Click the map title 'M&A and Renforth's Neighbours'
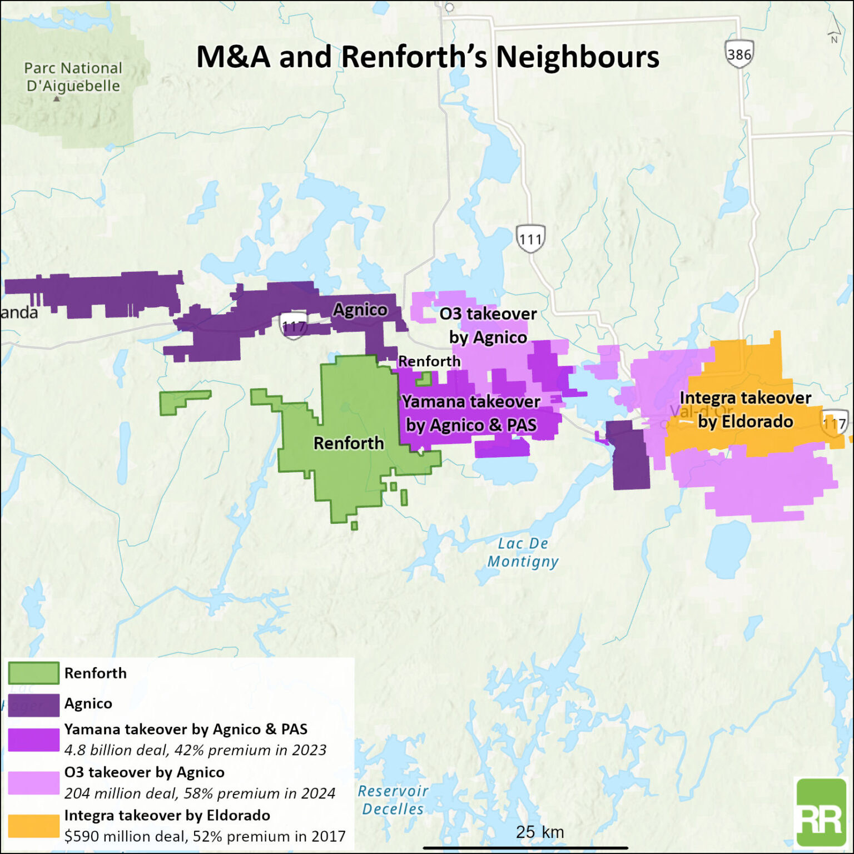point(428,57)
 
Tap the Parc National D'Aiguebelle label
point(73,77)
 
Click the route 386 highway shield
point(739,54)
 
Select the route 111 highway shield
point(530,239)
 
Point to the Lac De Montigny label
point(523,552)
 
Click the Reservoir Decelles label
point(393,800)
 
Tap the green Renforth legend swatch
point(33,673)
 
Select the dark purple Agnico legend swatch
point(33,704)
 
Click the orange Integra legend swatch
point(33,826)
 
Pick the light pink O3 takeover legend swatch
point(33,783)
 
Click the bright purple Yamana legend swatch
point(33,739)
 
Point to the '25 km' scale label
point(539,832)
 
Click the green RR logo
point(821,812)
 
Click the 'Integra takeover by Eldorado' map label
point(745,410)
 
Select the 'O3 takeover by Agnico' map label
point(488,325)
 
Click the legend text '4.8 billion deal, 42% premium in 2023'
point(195,750)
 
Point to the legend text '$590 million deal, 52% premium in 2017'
point(205,836)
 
